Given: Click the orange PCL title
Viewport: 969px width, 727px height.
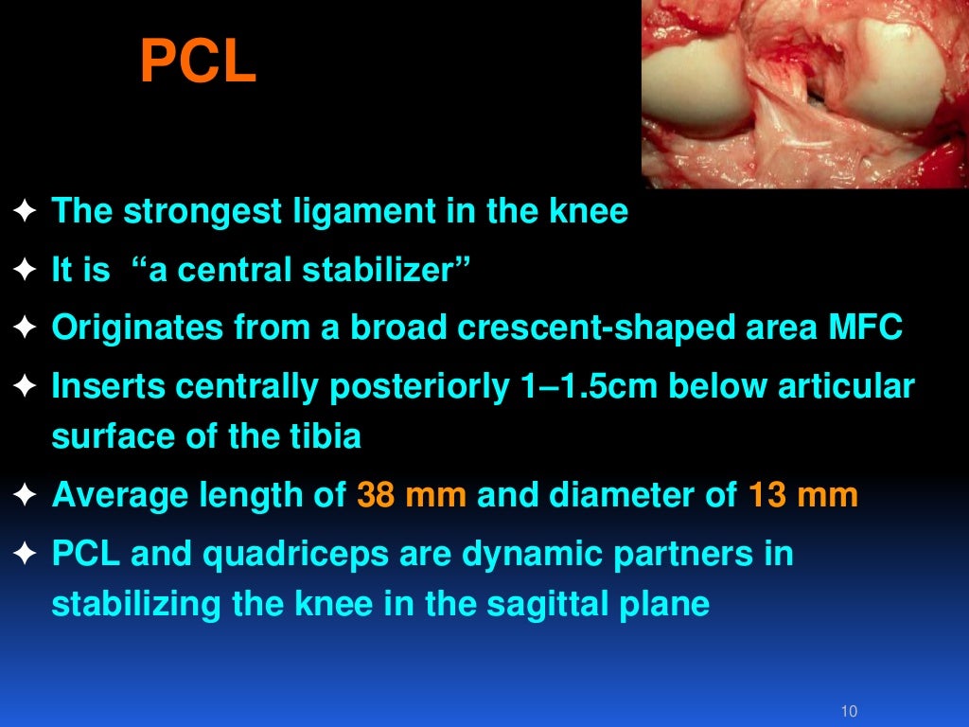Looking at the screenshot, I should (198, 63).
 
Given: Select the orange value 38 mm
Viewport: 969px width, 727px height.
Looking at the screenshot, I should (412, 495).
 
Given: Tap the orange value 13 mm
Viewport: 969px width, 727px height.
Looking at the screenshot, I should (803, 495).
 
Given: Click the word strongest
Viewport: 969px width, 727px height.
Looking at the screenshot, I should (200, 212).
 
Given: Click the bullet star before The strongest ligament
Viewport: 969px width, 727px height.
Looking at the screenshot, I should (26, 212).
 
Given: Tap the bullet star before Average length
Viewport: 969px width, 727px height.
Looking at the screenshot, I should (26, 495).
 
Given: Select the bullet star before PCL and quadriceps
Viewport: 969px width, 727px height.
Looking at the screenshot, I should (26, 554).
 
